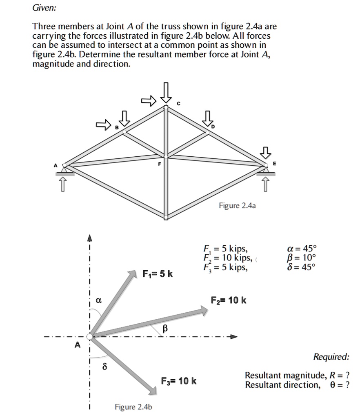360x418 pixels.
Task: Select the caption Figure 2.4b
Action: (x=133, y=407)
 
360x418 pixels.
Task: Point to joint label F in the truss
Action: (x=160, y=164)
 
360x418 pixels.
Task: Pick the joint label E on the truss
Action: (x=274, y=163)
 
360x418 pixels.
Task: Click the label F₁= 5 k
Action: (x=157, y=273)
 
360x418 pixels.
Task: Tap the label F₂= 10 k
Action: (x=228, y=301)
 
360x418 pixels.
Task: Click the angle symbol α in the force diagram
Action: (x=98, y=300)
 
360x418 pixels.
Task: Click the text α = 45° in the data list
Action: (x=302, y=249)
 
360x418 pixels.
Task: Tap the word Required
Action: (x=331, y=357)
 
